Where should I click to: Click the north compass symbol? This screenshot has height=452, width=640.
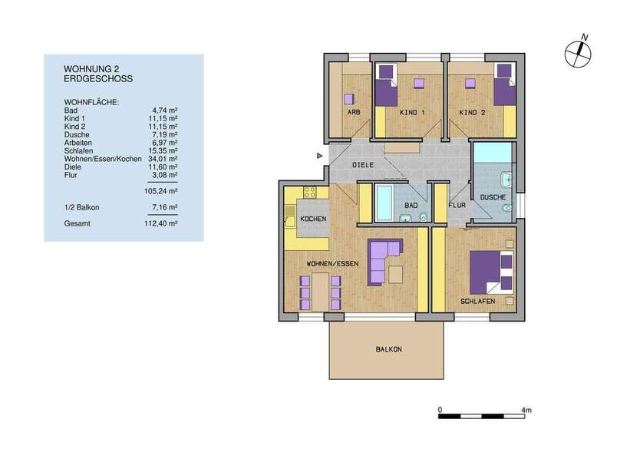577,52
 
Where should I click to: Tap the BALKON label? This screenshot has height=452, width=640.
388,349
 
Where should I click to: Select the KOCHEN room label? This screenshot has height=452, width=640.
313,219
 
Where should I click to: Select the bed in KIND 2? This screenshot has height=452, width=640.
503,87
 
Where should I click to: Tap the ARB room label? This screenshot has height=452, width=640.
354,113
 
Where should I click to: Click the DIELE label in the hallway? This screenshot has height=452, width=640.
363,165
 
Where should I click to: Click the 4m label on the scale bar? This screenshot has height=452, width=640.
526,410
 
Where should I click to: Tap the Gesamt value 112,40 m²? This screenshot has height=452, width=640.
162,223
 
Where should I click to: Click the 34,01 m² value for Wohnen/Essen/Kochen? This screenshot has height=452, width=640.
162,159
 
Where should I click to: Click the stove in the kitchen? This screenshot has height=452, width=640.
311,193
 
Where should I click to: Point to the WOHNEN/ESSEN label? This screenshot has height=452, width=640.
333,264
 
